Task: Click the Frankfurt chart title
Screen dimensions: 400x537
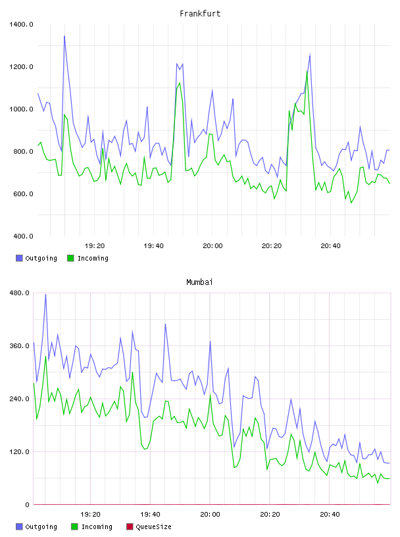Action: pos(200,14)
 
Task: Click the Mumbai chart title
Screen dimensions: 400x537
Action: pos(199,282)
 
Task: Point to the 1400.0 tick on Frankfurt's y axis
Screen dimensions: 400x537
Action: pos(21,24)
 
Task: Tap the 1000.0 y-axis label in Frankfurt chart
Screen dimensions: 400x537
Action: pos(21,109)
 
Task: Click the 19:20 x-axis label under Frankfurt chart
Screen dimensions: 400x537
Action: pos(95,246)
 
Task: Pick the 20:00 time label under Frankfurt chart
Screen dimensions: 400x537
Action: pos(213,246)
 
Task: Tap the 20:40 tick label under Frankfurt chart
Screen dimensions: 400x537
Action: pos(330,246)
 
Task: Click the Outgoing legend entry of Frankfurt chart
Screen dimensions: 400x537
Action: pos(37,258)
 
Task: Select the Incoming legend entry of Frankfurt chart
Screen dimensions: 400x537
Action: pos(88,258)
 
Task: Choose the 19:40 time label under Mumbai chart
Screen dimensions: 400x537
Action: pos(151,515)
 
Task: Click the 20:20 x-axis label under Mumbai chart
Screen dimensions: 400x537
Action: pos(270,515)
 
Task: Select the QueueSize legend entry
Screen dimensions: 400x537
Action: pos(149,526)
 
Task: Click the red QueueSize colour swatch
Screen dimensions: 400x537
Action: pos(130,526)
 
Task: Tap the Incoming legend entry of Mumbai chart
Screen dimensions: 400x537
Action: pos(92,526)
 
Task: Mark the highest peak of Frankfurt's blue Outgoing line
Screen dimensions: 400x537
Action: pos(64,36)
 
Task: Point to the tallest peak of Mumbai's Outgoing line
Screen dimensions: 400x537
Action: pos(45,294)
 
